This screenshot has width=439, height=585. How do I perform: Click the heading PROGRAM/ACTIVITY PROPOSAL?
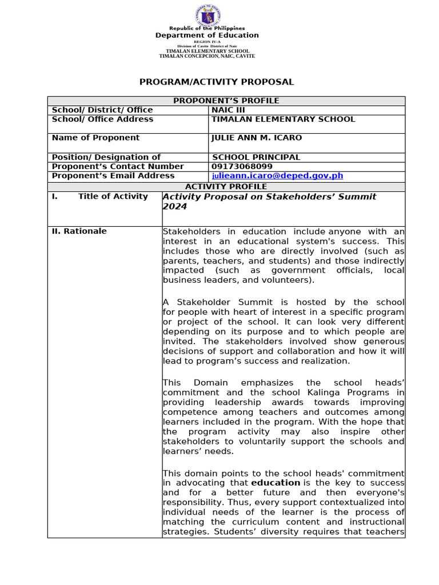(x=217, y=82)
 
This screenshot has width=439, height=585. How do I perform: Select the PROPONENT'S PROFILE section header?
(x=226, y=101)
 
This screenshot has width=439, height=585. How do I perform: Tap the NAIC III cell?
(x=229, y=110)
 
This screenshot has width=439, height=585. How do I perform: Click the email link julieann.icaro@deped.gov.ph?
(x=278, y=176)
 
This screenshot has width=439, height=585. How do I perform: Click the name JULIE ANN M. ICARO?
(x=257, y=138)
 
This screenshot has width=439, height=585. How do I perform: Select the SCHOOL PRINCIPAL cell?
(x=256, y=157)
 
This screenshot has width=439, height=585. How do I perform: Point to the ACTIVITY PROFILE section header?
(x=226, y=187)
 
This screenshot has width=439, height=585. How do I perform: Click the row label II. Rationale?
(x=79, y=231)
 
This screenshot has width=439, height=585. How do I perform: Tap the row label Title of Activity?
(x=113, y=197)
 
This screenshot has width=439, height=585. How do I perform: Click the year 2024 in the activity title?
(x=175, y=207)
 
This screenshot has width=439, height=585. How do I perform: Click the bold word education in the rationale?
(x=276, y=483)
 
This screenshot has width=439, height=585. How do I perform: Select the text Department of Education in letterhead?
(x=207, y=35)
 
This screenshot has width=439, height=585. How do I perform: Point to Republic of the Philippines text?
(x=207, y=29)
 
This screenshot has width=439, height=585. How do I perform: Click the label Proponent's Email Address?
(x=113, y=176)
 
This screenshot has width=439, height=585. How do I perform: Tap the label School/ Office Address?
(x=102, y=119)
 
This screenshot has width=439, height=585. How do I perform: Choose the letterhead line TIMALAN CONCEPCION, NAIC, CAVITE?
(x=207, y=56)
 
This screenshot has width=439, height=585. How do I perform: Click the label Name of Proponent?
(x=95, y=138)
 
